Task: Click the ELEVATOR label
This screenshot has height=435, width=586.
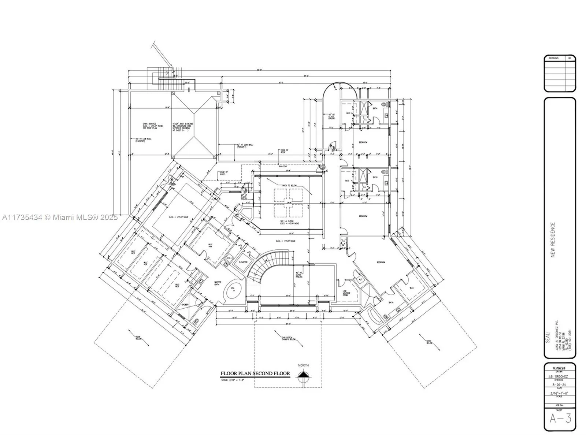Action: coord(243,262)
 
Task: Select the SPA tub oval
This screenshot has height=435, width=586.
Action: coord(232,289)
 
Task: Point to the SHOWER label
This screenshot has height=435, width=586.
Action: coord(185,305)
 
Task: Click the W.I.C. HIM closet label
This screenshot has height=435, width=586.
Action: coord(210,246)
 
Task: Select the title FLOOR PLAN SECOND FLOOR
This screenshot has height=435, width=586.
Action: coord(255,373)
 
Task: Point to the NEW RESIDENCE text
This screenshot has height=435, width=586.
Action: coord(553,240)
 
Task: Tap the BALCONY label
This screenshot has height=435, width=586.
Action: coord(283,167)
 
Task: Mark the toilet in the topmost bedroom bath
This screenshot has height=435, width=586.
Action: coord(384,105)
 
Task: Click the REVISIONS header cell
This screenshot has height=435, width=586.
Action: coord(553,58)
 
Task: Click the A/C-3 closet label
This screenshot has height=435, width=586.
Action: coord(230,258)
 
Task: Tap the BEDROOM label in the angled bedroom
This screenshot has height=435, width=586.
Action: coord(381,262)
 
